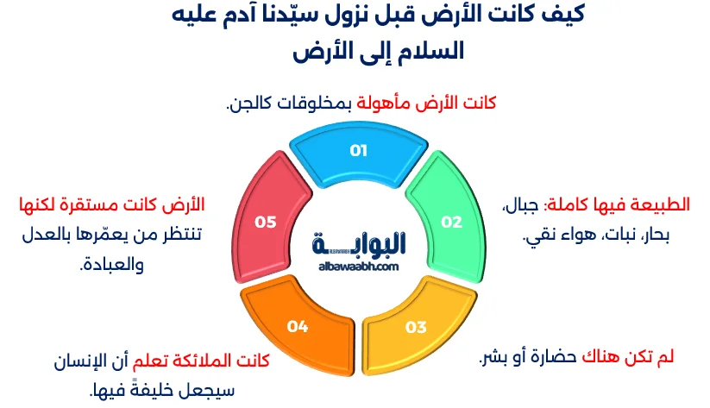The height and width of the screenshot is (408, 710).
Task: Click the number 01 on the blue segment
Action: (x=358, y=150)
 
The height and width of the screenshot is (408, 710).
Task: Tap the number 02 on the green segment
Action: (x=452, y=222)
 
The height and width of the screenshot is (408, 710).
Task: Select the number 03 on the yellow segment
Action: (x=416, y=327)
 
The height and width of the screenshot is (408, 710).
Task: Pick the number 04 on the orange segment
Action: (x=298, y=327)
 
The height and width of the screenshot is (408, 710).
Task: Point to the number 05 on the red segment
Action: (x=265, y=222)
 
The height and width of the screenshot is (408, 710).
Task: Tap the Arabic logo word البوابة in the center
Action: (x=361, y=243)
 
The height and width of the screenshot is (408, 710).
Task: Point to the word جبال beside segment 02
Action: (x=525, y=205)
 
